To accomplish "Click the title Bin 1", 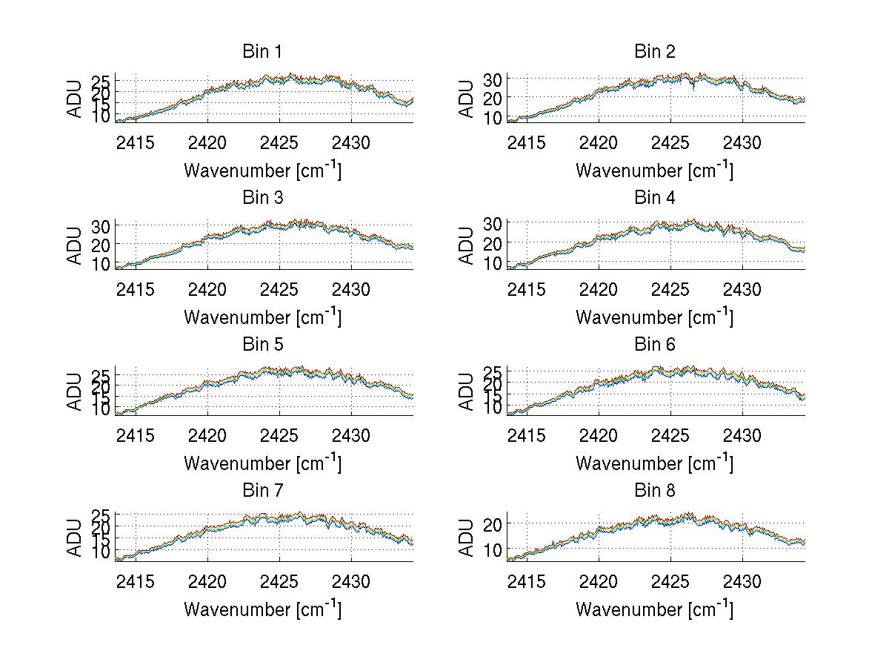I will click(262, 52).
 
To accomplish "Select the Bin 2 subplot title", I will click(654, 52).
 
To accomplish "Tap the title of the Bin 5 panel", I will click(262, 345).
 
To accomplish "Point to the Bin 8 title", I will click(654, 491).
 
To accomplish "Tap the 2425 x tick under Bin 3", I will click(280, 288).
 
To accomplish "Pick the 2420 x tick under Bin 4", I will click(598, 288).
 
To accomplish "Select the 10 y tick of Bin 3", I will click(101, 264).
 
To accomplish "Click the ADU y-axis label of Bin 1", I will click(76, 99).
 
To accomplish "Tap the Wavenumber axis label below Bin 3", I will click(262, 317).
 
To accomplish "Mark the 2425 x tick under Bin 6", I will click(671, 434).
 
